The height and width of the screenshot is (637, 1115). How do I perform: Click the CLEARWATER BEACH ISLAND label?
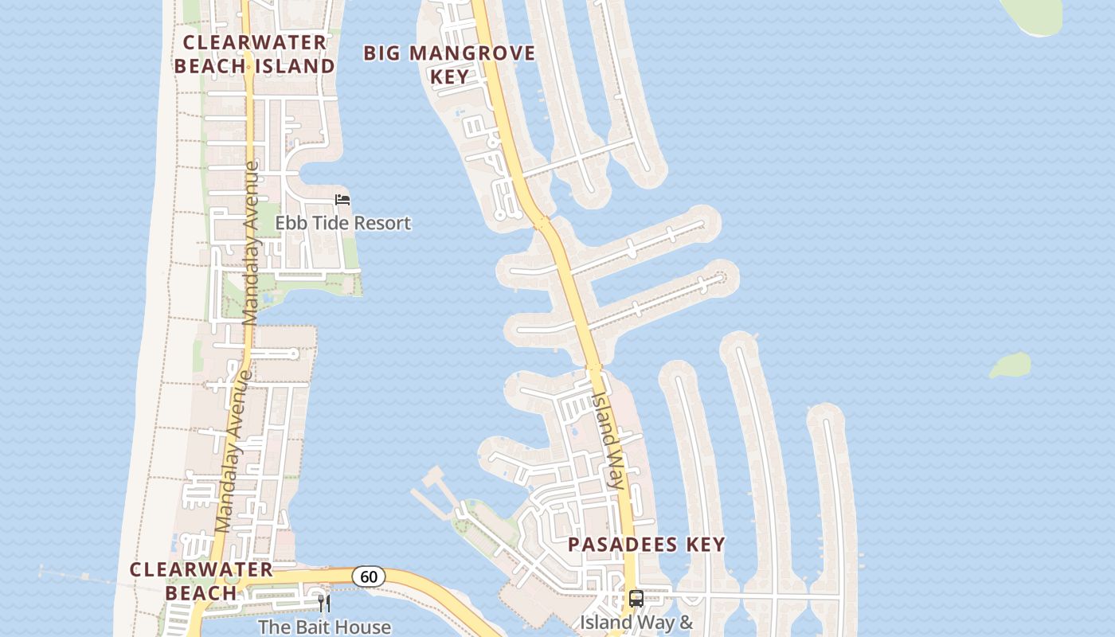(x=254, y=54)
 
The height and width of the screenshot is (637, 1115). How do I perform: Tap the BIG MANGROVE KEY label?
(x=449, y=64)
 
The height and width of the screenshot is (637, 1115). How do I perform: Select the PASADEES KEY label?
(x=646, y=545)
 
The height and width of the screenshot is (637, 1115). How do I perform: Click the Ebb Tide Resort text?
(x=343, y=223)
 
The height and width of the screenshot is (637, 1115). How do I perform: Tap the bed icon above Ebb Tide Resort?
(x=342, y=199)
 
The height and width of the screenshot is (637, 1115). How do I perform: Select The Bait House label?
(x=324, y=627)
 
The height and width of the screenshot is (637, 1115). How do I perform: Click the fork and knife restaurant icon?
(x=323, y=603)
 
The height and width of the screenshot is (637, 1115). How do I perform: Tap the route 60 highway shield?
(x=369, y=576)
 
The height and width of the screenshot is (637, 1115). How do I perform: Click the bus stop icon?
(x=636, y=598)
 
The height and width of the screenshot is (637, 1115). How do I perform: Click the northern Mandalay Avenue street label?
(x=251, y=243)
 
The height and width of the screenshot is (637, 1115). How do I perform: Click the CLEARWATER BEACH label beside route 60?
(x=201, y=580)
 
